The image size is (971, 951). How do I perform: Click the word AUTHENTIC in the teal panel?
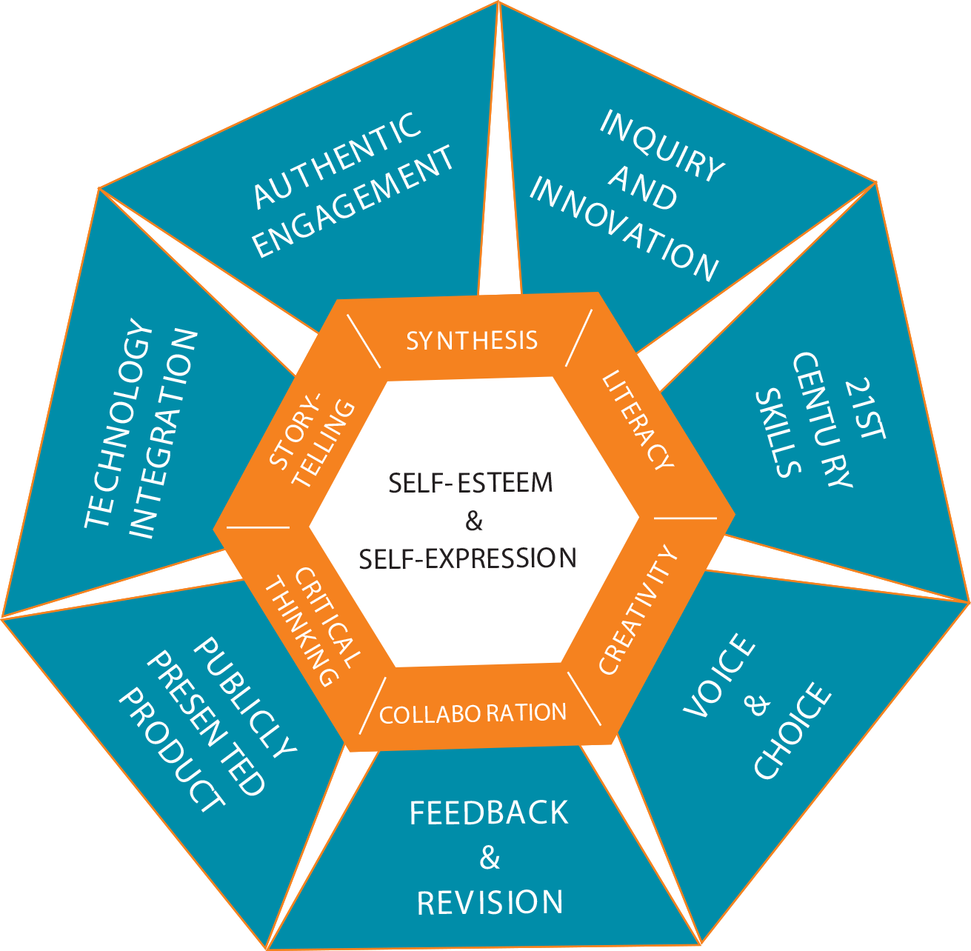click(338, 160)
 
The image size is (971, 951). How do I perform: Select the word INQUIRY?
click(661, 146)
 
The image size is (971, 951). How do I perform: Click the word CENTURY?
click(822, 420)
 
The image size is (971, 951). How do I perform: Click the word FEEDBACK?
click(489, 813)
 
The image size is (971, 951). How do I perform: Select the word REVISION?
click(490, 903)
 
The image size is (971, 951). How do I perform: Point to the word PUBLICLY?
click(245, 696)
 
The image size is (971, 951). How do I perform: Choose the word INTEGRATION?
click(164, 433)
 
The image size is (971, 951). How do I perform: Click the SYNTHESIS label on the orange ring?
click(472, 340)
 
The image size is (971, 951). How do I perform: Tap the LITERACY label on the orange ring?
click(638, 420)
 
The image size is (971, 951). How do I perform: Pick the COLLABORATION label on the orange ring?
click(473, 713)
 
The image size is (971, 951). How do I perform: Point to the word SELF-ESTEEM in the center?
click(471, 483)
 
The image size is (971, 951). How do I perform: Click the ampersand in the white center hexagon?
click(474, 521)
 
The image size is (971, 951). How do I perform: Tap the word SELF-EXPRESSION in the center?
click(468, 558)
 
